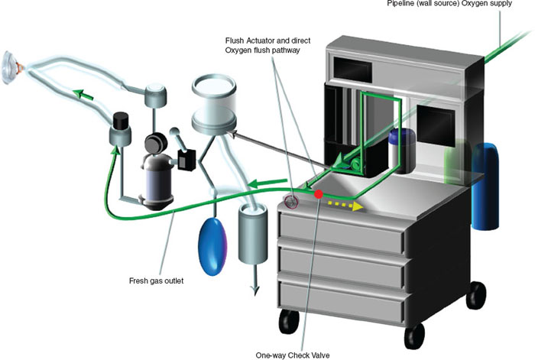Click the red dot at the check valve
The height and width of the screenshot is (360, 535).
(x=319, y=194)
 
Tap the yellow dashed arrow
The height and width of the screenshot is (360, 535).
(x=343, y=204)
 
